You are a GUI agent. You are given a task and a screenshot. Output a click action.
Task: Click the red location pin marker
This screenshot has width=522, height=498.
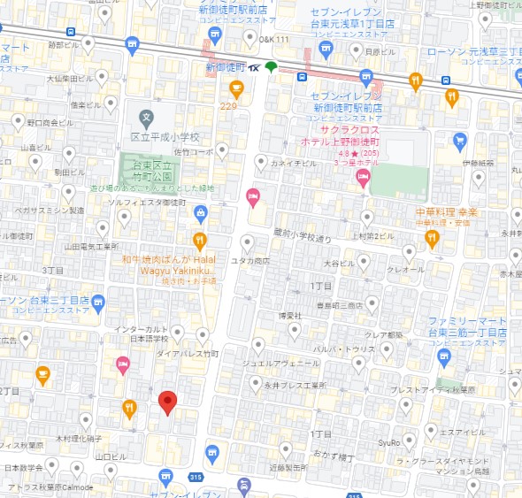click(x=168, y=402)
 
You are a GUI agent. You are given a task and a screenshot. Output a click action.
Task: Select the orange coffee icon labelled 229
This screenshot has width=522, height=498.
click(x=236, y=88)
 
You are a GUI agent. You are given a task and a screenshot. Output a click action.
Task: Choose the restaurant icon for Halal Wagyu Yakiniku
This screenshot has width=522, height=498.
click(x=200, y=239)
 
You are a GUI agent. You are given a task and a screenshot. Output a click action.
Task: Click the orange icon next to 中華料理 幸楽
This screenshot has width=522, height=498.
click(x=433, y=238)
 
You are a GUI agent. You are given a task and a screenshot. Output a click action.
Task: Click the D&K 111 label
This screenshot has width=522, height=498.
click(x=274, y=40)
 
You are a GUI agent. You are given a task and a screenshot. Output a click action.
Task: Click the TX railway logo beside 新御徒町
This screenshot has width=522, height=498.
click(x=255, y=67)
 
